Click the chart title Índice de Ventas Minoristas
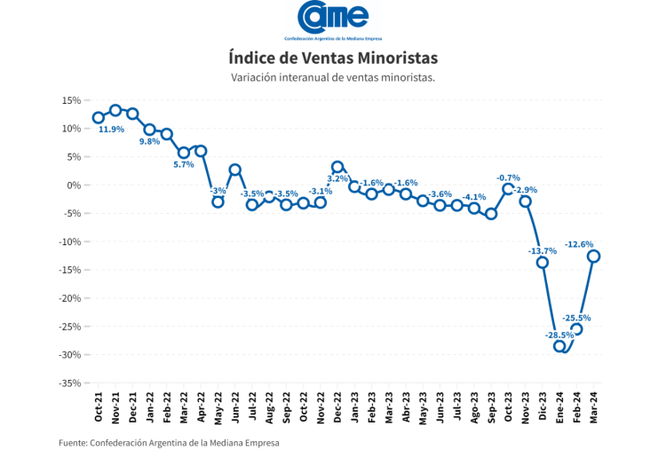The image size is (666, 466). pyautogui.click(x=333, y=58)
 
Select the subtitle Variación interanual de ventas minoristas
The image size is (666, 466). pyautogui.click(x=333, y=78)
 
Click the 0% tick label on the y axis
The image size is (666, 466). pyautogui.click(x=74, y=185)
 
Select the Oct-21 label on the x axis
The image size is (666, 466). pyautogui.click(x=99, y=408)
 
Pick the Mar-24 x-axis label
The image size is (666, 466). pyautogui.click(x=594, y=408)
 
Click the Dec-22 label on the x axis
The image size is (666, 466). pyautogui.click(x=337, y=408)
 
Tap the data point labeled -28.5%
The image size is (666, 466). pyautogui.click(x=560, y=346)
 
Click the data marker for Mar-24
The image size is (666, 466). pyautogui.click(x=594, y=257)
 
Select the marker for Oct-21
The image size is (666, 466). pyautogui.click(x=99, y=118)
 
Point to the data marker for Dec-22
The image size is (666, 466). pyautogui.click(x=337, y=167)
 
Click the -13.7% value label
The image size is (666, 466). pyautogui.click(x=542, y=251)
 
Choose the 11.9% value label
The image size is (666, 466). pyautogui.click(x=111, y=130)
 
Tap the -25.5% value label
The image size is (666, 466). pyautogui.click(x=576, y=318)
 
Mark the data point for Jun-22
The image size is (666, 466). pyautogui.click(x=235, y=170)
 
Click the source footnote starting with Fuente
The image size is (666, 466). pyautogui.click(x=169, y=443)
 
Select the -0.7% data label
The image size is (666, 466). pyautogui.click(x=509, y=178)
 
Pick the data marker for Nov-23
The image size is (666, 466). pyautogui.click(x=526, y=201)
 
